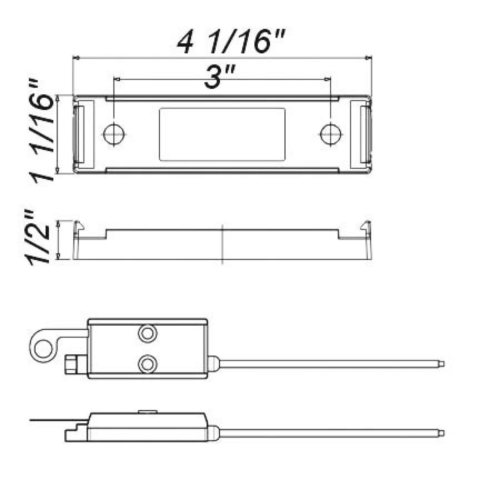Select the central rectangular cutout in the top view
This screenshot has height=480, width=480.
(x=222, y=134)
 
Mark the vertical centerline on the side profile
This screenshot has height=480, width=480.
(x=222, y=244)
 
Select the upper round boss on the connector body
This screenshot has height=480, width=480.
(x=146, y=333)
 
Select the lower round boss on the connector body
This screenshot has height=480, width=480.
(x=146, y=363)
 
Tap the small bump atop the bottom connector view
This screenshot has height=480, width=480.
(x=147, y=411)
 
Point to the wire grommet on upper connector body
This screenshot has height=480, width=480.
(x=213, y=364)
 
